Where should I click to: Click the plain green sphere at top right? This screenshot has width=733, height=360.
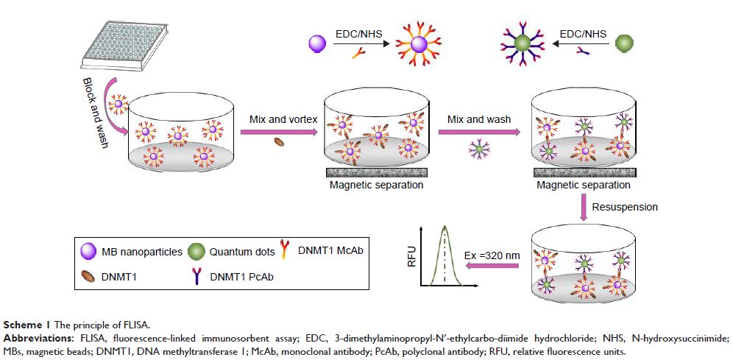[x=623, y=43]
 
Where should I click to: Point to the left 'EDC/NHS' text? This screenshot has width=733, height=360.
[x=357, y=34]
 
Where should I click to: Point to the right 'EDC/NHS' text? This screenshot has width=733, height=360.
[x=584, y=33]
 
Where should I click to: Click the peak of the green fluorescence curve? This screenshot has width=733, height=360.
[x=444, y=227]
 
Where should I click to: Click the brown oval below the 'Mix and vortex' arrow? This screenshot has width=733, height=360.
[x=279, y=143]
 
